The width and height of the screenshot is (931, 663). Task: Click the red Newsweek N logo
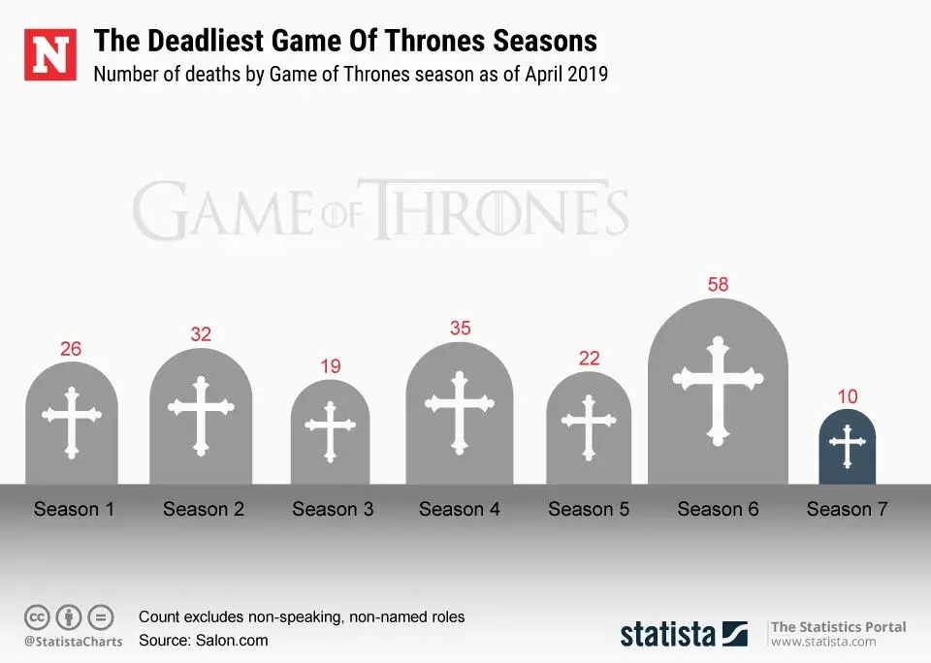click(x=50, y=55)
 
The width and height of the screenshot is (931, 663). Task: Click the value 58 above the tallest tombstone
click(x=718, y=285)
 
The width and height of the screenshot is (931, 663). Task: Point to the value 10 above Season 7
click(x=847, y=396)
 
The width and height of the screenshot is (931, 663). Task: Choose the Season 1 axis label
click(x=74, y=509)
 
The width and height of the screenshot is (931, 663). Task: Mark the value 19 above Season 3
click(x=331, y=366)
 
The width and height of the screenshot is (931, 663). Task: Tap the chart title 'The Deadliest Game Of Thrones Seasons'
click(x=345, y=42)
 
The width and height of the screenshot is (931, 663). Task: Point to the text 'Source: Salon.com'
click(x=204, y=640)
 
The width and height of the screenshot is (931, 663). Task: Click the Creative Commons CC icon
click(x=37, y=616)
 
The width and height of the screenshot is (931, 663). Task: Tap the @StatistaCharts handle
click(x=74, y=642)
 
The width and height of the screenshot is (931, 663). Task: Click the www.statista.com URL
click(x=823, y=642)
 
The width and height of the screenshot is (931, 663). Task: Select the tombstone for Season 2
click(x=201, y=417)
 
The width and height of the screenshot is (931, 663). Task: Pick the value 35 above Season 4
click(x=460, y=329)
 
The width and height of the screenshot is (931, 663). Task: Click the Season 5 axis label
click(x=589, y=509)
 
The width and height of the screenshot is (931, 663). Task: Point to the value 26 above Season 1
click(x=71, y=348)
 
